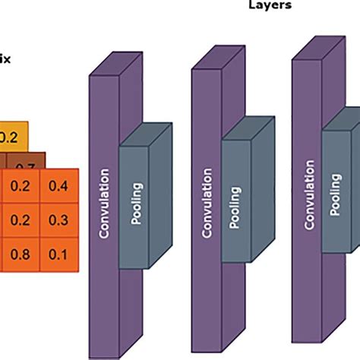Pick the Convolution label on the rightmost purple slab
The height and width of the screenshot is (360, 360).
308,194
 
